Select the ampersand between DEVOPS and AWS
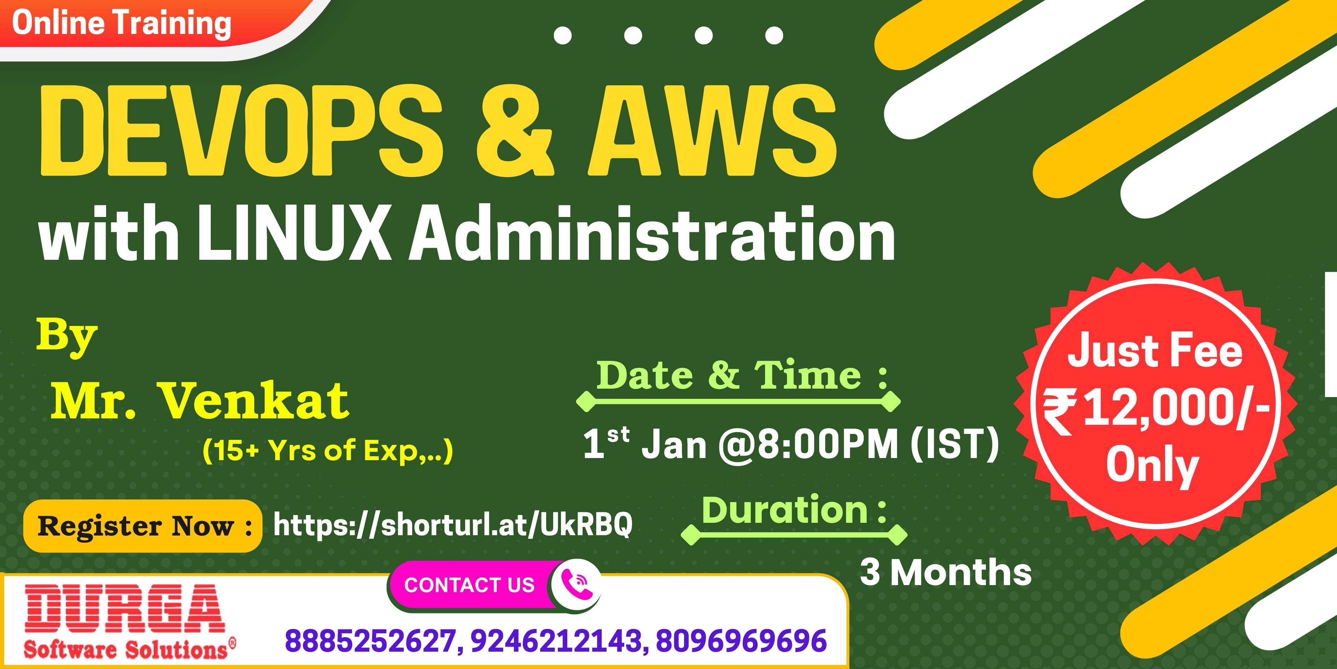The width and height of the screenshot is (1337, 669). coord(515,131)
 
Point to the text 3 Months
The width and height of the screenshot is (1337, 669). coord(946,572)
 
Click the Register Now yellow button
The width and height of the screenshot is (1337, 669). coord(143,526)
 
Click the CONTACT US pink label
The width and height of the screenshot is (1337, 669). coord(470,585)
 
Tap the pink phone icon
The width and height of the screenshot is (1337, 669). coord(575,585)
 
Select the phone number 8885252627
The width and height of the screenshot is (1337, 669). coord(371,640)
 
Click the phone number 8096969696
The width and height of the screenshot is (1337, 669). coord(741,640)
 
